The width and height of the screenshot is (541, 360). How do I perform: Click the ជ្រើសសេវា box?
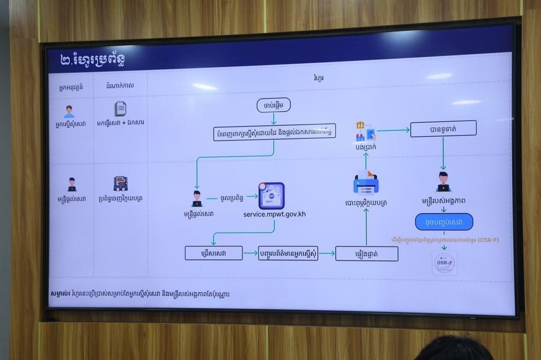tap(214, 252)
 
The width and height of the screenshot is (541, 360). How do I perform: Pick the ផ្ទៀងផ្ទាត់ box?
tap(366, 254)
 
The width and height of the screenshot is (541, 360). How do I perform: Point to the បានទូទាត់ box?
tap(443, 128)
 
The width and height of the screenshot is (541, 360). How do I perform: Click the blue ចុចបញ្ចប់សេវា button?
tap(444, 222)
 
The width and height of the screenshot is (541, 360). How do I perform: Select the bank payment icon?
tap(365, 131)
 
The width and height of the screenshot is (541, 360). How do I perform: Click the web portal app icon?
tap(271, 195)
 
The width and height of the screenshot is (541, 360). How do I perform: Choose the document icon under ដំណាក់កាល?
tap(120, 109)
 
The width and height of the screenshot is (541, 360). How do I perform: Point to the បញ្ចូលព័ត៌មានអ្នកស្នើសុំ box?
tap(288, 253)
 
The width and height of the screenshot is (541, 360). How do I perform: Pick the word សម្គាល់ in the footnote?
tap(60, 294)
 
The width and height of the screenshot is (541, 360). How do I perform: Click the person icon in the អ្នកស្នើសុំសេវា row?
tap(69, 111)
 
